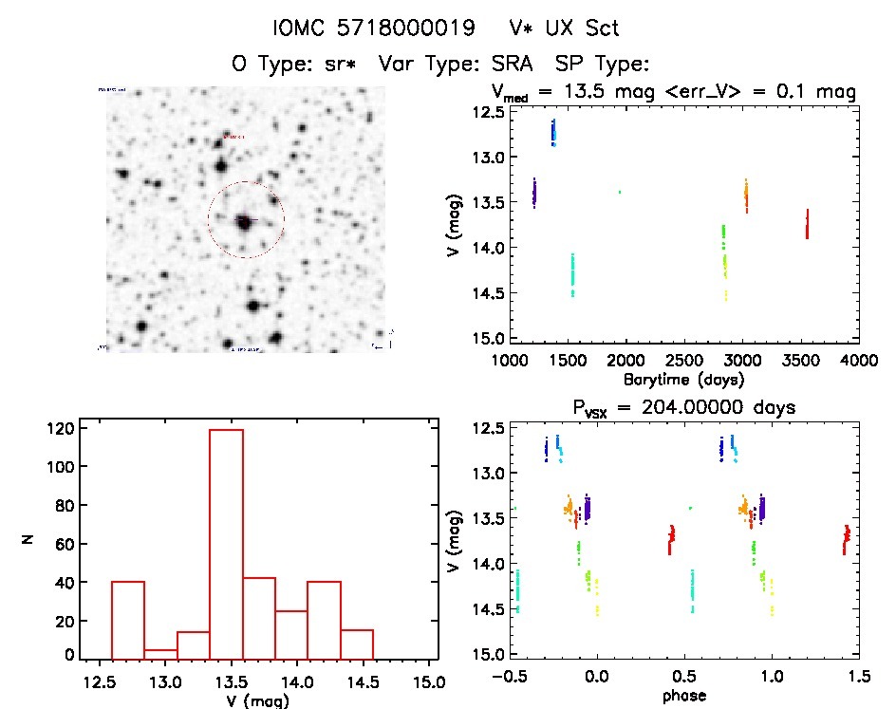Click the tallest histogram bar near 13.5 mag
click(x=226, y=541)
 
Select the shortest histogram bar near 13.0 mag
click(x=160, y=653)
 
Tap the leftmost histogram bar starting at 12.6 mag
click(x=128, y=619)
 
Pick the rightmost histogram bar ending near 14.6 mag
click(x=357, y=644)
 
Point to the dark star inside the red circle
click(x=245, y=222)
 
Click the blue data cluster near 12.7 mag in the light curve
click(x=553, y=132)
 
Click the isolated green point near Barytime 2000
click(x=620, y=192)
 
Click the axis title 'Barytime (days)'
click(x=683, y=378)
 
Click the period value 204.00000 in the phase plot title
click(x=709, y=407)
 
